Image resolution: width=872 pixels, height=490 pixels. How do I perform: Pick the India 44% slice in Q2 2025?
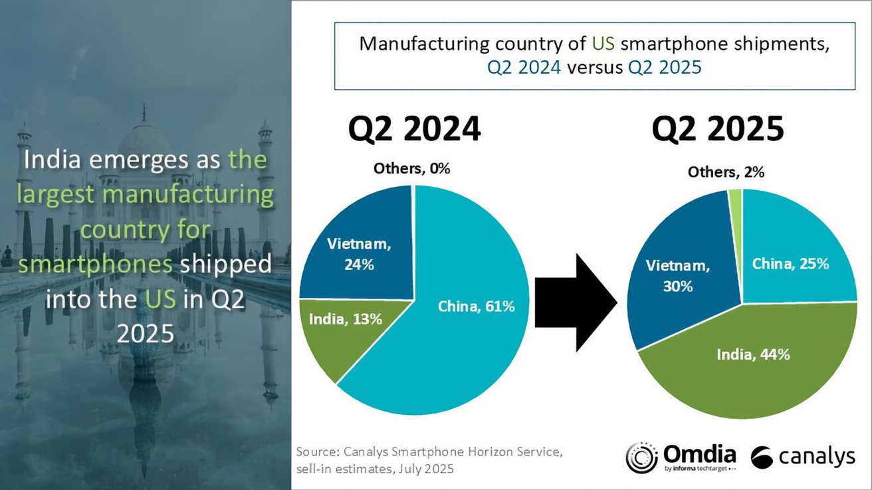point(751,372)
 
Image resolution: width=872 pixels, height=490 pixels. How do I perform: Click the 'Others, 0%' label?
point(412,169)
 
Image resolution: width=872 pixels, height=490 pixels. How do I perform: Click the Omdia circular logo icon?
point(641,457)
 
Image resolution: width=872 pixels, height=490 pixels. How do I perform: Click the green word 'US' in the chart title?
point(605,45)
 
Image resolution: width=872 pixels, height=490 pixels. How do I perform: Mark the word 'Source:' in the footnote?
point(318,452)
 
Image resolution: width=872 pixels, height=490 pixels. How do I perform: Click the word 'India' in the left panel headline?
point(50,160)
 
